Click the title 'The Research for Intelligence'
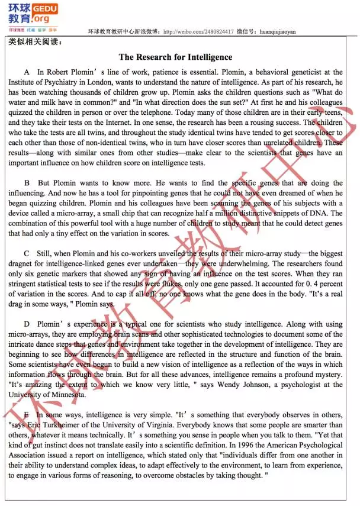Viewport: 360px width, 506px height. point(175,57)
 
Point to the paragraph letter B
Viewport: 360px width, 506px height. point(27,183)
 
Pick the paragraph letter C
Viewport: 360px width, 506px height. point(27,253)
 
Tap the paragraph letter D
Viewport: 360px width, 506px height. point(27,324)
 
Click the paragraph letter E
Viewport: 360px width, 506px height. point(27,415)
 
